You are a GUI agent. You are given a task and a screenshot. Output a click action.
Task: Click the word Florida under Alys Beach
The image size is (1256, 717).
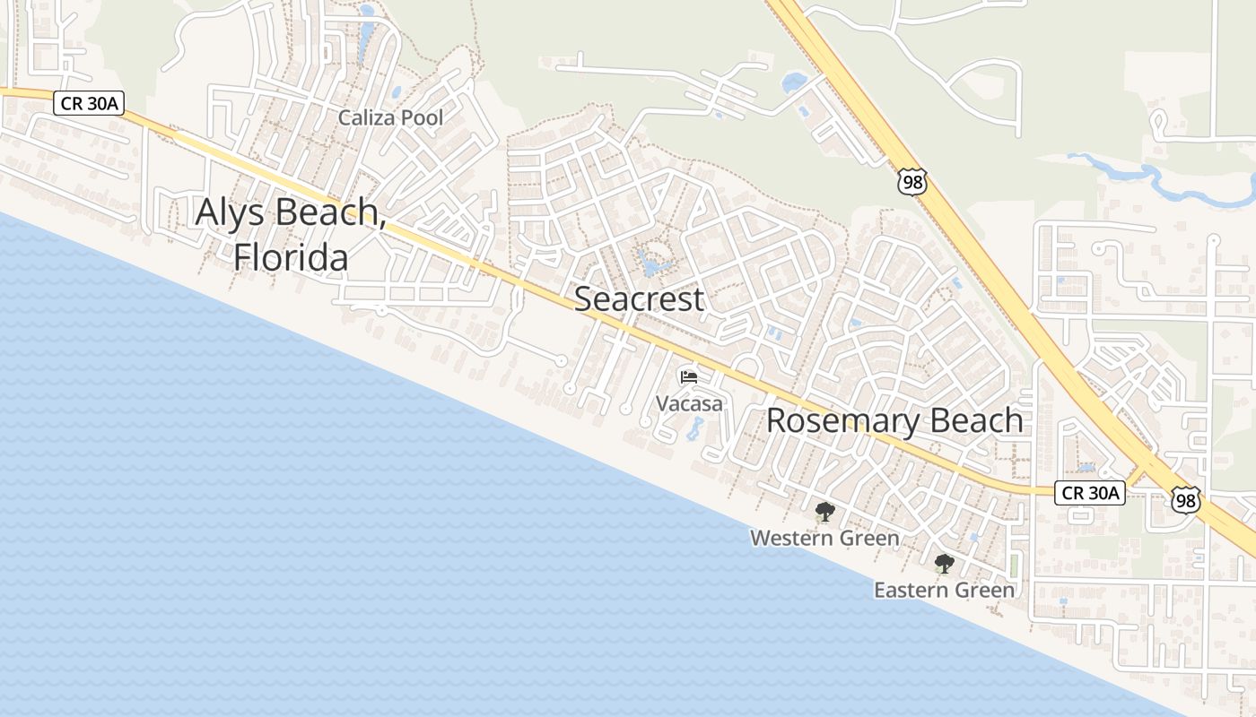click(291, 258)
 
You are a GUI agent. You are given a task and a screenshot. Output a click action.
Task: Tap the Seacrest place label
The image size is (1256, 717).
click(639, 299)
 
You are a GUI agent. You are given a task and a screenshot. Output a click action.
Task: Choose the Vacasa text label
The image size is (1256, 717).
click(689, 404)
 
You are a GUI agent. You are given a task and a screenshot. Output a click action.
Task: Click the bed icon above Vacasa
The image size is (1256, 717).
click(689, 377)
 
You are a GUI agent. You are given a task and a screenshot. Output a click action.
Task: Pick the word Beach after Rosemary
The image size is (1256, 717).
click(977, 420)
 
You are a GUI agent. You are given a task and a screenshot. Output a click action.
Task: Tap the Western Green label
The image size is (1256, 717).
click(824, 538)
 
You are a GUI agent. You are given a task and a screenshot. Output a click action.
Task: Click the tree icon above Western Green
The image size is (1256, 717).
click(824, 513)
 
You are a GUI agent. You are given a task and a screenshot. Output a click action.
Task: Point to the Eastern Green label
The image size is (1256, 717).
click(944, 591)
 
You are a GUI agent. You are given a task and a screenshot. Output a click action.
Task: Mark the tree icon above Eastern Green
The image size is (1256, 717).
click(944, 564)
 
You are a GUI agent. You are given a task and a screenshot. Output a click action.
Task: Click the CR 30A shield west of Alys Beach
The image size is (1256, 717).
click(87, 103)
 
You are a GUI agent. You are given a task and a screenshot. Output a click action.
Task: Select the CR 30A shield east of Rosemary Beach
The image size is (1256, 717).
click(1089, 492)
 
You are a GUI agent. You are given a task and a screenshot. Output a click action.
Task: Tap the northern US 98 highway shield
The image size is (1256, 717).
click(912, 183)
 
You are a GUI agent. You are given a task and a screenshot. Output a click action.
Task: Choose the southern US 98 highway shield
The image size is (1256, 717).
click(1186, 500)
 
